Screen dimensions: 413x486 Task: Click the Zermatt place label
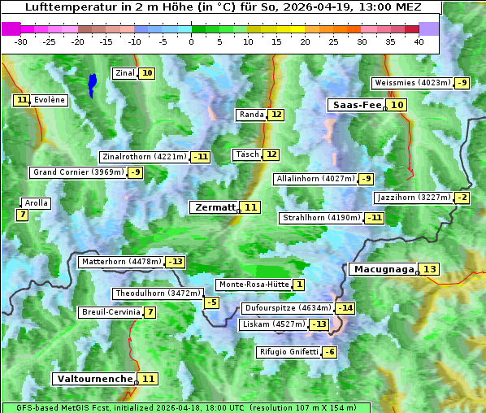(214, 207)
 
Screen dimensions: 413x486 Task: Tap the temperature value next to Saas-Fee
(397, 105)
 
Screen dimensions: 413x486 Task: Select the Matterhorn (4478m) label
(120, 262)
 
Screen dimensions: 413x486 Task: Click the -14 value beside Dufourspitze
(346, 308)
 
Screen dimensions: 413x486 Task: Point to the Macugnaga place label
(383, 269)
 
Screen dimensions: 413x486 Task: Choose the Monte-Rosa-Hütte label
(253, 285)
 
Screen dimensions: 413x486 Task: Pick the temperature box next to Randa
(276, 115)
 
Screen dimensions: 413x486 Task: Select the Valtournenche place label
(93, 379)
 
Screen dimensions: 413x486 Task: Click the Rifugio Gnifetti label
(289, 352)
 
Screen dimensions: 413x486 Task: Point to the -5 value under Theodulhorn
(211, 302)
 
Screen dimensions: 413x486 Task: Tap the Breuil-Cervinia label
(109, 312)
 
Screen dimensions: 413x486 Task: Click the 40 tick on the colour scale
(419, 41)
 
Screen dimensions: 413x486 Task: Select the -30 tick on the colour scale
(21, 41)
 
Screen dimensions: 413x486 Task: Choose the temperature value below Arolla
(22, 215)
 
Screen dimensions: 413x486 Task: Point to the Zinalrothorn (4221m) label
(144, 156)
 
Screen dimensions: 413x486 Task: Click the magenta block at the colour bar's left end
(11, 28)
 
